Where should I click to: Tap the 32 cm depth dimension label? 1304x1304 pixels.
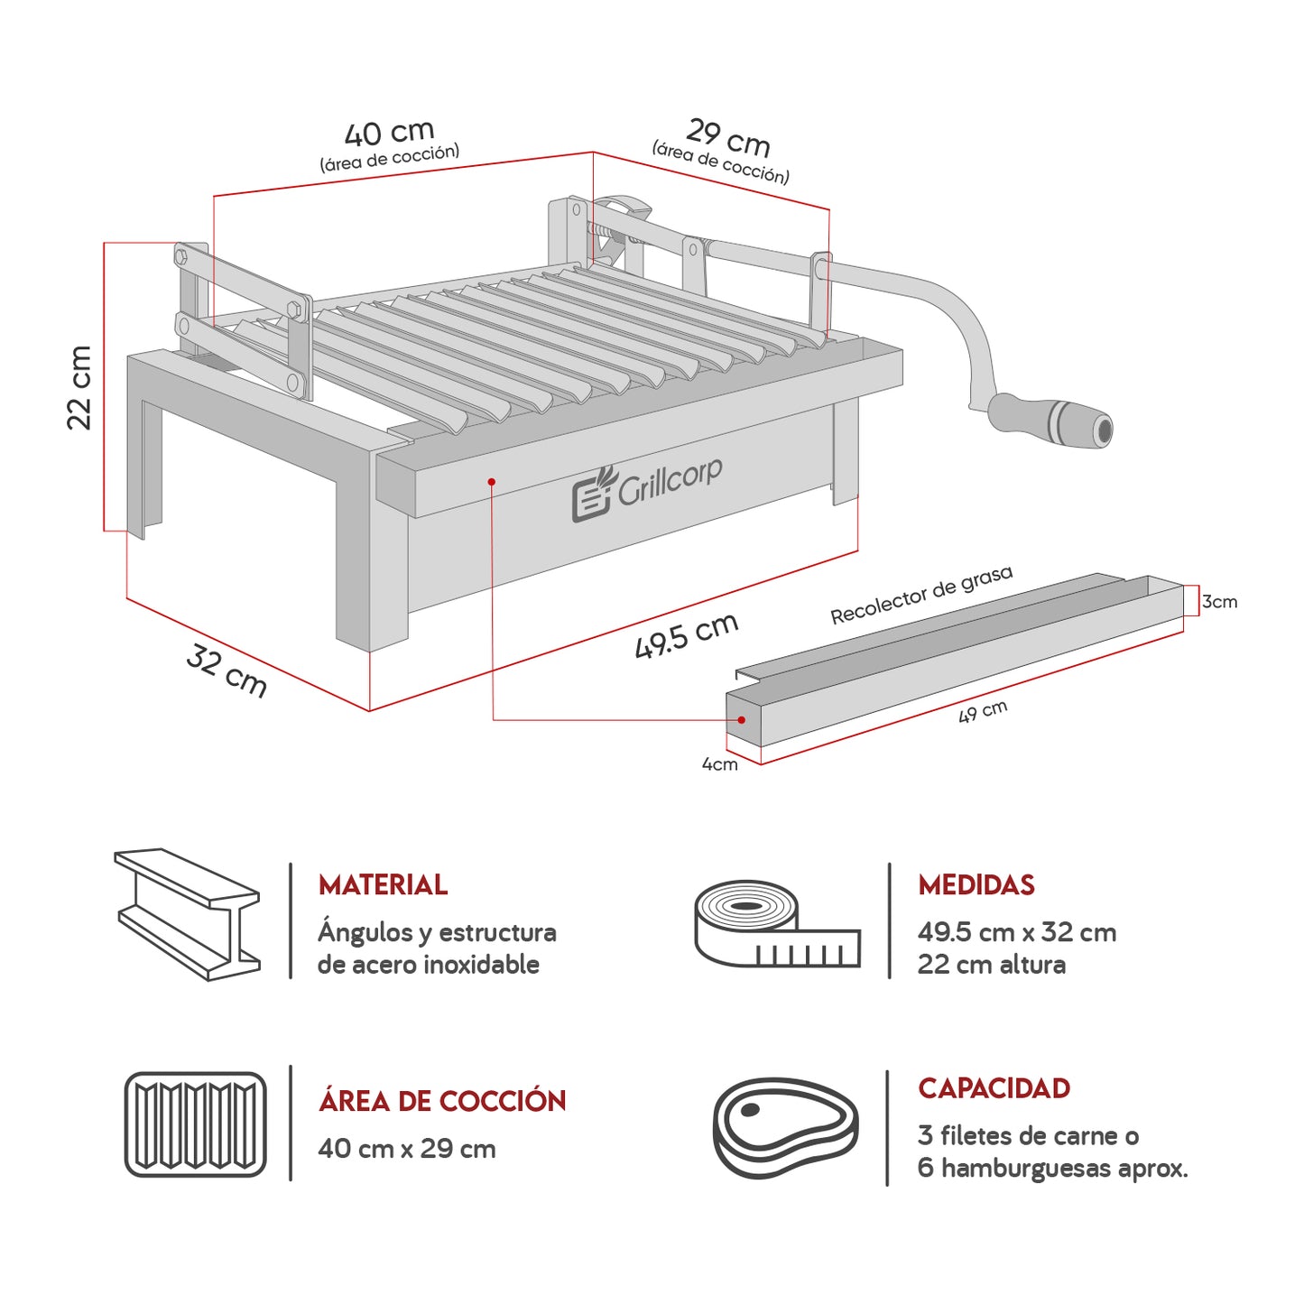(227, 671)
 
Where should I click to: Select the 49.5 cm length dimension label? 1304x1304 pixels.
(686, 635)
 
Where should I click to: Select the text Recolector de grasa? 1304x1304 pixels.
(920, 595)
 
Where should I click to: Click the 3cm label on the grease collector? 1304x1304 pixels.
(1219, 602)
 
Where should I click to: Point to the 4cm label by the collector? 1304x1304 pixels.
(719, 764)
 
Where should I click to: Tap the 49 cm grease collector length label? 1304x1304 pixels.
(982, 712)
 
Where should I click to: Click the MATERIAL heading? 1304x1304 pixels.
(383, 885)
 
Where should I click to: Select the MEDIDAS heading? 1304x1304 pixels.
(976, 885)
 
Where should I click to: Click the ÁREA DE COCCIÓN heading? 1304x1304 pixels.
(441, 1101)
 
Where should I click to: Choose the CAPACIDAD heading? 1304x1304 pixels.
(994, 1088)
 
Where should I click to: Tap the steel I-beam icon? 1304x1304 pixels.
(188, 914)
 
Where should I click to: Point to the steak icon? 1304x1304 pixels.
(784, 1127)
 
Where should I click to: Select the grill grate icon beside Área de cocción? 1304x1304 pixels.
(195, 1124)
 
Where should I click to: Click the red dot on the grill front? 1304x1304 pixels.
(492, 482)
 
